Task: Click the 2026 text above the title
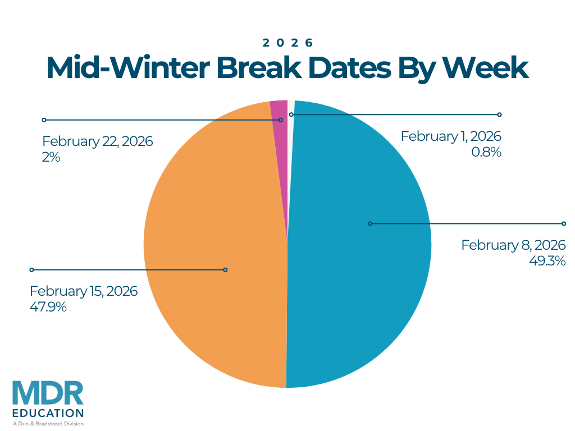[287, 43]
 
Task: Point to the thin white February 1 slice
[291, 104]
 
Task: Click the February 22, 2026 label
[98, 141]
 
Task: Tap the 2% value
[51, 157]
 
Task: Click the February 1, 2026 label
[451, 136]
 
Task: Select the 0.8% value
[486, 152]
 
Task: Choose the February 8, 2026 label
[513, 245]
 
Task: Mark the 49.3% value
[547, 261]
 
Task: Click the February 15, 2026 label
[84, 291]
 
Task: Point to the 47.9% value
[48, 307]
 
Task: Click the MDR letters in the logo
[48, 394]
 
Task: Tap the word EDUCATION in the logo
[48, 414]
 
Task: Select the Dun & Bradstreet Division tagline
[48, 424]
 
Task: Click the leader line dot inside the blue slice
[369, 223]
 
